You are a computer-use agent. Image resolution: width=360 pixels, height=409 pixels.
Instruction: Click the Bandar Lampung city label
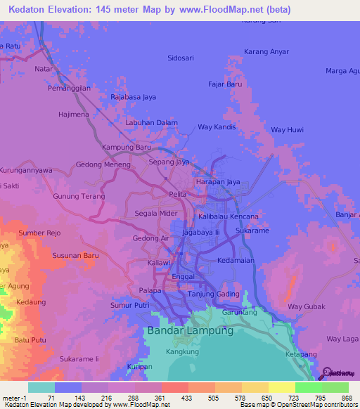pyautogui.click(x=189, y=330)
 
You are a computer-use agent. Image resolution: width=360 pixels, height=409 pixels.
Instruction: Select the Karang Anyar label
pyautogui.click(x=266, y=51)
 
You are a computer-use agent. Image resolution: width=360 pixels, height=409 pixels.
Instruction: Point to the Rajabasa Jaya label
pyautogui.click(x=133, y=98)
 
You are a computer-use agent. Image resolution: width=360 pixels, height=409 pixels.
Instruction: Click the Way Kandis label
pyautogui.click(x=216, y=127)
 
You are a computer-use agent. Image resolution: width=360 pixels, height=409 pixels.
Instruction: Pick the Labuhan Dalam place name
pyautogui.click(x=151, y=122)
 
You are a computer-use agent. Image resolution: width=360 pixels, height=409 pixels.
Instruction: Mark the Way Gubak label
pyautogui.click(x=304, y=306)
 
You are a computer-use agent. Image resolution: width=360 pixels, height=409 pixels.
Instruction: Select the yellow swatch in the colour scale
pyautogui.click(x=281, y=387)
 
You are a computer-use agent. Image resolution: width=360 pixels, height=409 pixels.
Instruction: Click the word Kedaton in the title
pyautogui.click(x=30, y=9)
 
